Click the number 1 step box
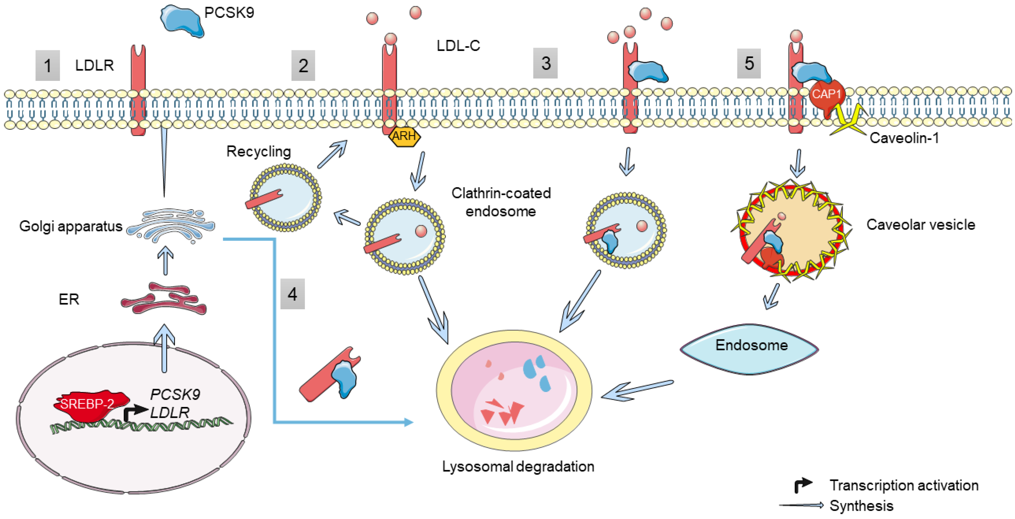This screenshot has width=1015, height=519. [x=47, y=65]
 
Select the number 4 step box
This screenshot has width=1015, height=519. [x=292, y=294]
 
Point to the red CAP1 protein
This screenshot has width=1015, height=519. [x=826, y=94]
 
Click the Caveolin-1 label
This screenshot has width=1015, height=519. [x=904, y=138]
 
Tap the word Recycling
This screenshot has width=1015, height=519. [x=258, y=151]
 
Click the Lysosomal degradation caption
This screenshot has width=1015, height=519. [x=518, y=467]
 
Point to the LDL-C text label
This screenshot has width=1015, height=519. [x=458, y=46]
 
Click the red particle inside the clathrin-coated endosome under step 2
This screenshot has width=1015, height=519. [x=421, y=231]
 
